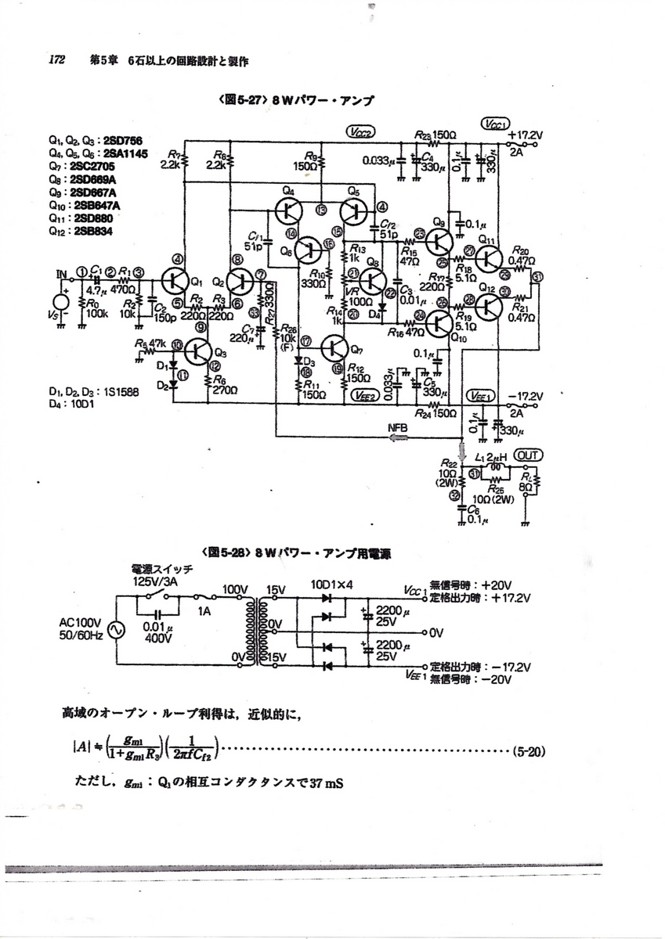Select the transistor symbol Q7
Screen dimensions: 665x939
click(x=335, y=347)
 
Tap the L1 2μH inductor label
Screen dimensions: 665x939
click(x=490, y=455)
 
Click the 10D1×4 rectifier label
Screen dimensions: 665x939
click(x=331, y=584)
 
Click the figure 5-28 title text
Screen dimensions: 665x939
click(x=302, y=552)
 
